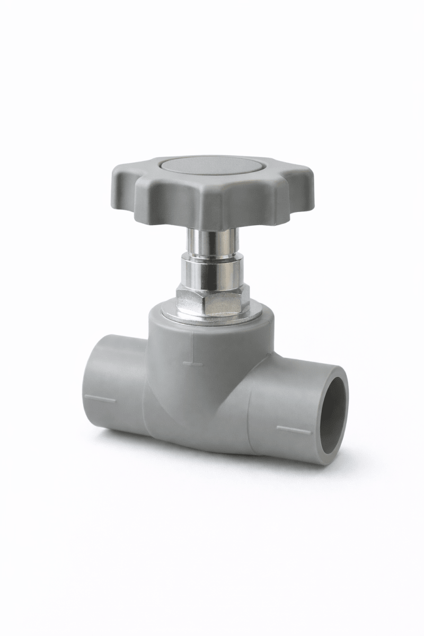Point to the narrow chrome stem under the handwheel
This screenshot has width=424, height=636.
[x=212, y=241]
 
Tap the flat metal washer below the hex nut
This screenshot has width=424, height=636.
[x=212, y=318]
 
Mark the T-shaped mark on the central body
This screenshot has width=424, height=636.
[x=191, y=363]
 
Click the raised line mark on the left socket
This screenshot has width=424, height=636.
[x=100, y=399]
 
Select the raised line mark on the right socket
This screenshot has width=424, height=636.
[x=295, y=428]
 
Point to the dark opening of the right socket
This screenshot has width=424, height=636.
[x=333, y=416]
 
